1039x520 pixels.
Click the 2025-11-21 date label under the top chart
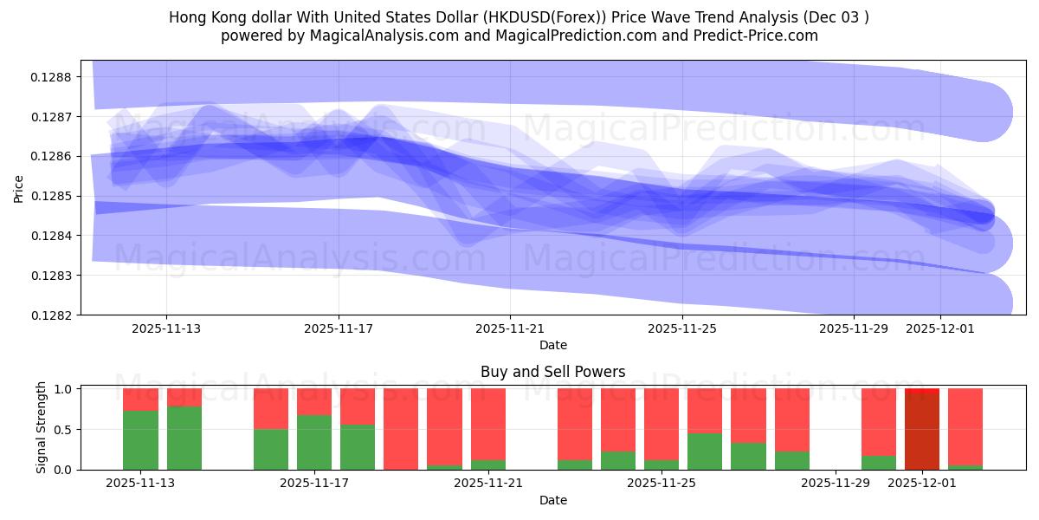pos(510,329)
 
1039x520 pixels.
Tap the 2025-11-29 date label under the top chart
pos(854,329)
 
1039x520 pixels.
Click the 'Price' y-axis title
pos(19,188)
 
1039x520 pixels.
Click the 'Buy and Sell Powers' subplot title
pos(552,372)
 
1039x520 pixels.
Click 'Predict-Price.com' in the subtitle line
pos(755,36)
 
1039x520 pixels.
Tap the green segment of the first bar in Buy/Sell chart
pos(140,440)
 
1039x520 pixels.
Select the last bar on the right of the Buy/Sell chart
pos(965,428)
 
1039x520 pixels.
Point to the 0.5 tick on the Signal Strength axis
pos(63,429)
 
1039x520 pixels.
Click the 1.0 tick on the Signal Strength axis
pos(63,389)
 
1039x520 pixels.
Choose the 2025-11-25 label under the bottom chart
pos(662,484)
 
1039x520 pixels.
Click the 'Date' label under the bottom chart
pos(552,500)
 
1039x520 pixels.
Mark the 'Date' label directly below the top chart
pos(552,345)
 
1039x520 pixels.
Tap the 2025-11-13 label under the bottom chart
pos(140,484)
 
